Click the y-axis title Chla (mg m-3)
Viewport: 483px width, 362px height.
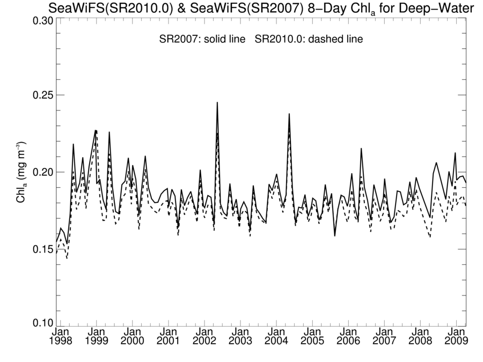click(x=21, y=172)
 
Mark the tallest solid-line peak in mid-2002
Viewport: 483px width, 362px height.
click(x=217, y=102)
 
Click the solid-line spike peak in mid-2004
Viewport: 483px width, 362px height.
click(x=289, y=114)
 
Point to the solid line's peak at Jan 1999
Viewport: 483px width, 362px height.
click(x=96, y=130)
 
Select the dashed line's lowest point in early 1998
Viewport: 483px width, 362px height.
click(x=67, y=258)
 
